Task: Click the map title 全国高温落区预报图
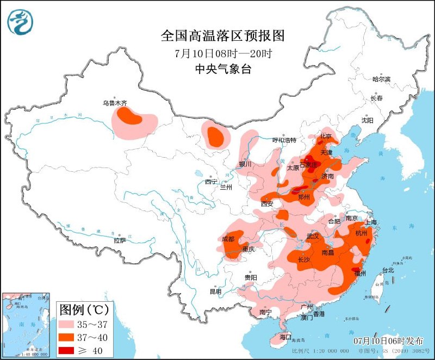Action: click(223, 36)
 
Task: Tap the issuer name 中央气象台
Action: click(223, 69)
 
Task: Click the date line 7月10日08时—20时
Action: click(223, 53)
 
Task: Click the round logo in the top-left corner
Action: click(20, 22)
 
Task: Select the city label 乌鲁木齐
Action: click(115, 102)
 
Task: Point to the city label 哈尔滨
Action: click(381, 79)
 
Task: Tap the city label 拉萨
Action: click(120, 240)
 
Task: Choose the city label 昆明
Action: click(215, 291)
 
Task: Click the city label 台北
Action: click(388, 270)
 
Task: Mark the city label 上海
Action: click(371, 222)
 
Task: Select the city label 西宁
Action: click(211, 182)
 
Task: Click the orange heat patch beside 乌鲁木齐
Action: click(129, 116)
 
